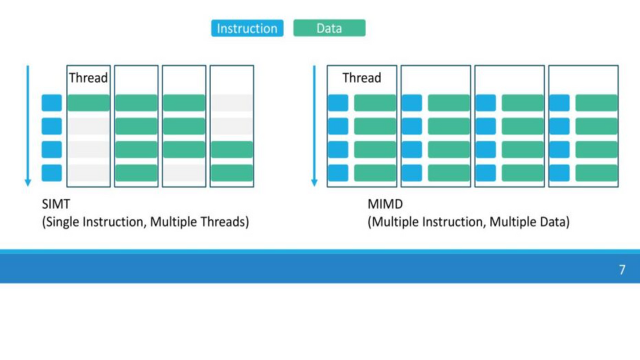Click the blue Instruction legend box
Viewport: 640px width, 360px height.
tap(247, 28)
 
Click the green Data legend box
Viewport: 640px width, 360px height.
tap(329, 28)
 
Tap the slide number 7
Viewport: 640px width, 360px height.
tap(622, 270)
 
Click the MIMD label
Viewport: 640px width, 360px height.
tap(385, 205)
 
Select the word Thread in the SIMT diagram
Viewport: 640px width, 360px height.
tap(88, 78)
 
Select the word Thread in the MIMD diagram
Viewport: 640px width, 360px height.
tap(361, 78)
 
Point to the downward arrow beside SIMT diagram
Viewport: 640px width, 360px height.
tap(27, 126)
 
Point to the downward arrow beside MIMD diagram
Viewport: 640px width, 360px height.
tap(314, 126)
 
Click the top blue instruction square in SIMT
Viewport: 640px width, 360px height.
tap(52, 103)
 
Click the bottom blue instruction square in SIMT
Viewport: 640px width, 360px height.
tap(52, 173)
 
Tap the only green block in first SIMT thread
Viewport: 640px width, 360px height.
tap(88, 103)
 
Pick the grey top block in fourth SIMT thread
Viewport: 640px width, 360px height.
tap(232, 103)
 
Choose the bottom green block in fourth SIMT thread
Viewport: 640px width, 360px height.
tap(232, 173)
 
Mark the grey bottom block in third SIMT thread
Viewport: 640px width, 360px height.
tap(184, 173)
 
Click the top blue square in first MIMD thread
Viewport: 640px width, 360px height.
tap(338, 103)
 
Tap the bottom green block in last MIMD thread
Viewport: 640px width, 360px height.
tap(596, 173)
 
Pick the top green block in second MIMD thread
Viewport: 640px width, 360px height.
tap(449, 103)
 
